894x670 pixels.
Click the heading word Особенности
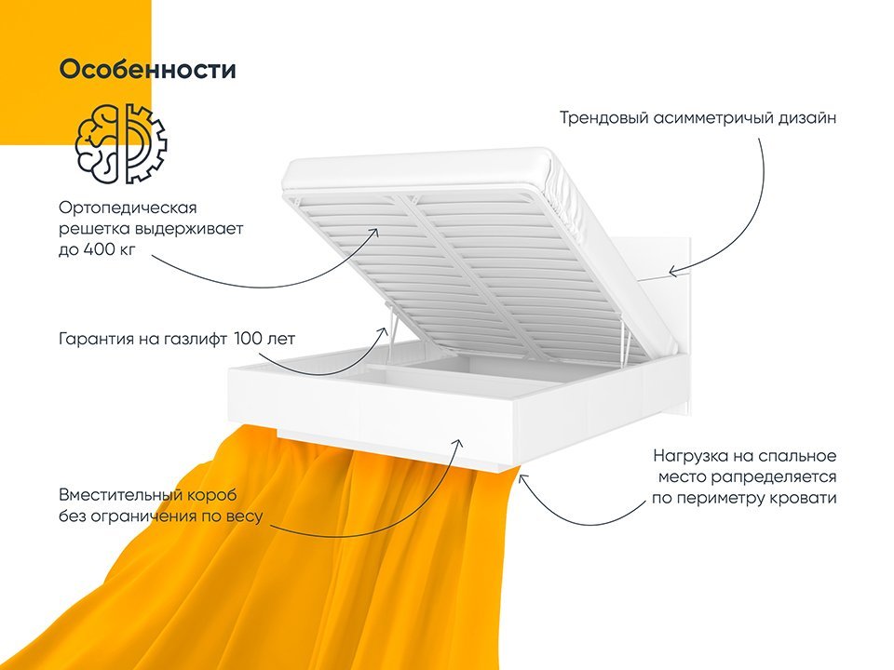pyautogui.click(x=148, y=70)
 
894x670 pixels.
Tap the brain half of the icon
pyautogui.click(x=98, y=143)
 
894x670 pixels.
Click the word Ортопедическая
pyautogui.click(x=128, y=209)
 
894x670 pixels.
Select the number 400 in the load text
pyautogui.click(x=101, y=249)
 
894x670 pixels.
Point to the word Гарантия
pyautogui.click(x=96, y=340)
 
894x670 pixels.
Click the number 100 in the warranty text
pyautogui.click(x=248, y=339)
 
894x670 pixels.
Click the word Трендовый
pyautogui.click(x=604, y=118)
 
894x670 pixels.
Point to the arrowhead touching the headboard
pyautogui.click(x=673, y=272)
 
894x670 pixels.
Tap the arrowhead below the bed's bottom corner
pyautogui.click(x=521, y=476)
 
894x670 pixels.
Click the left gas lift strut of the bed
pyautogui.click(x=391, y=326)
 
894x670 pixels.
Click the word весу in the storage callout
pyautogui.click(x=245, y=516)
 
